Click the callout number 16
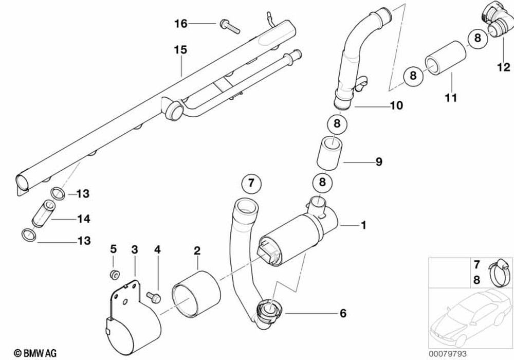click(180, 23)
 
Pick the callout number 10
click(396, 106)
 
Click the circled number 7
click(251, 183)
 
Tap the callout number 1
click(363, 225)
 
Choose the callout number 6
click(343, 313)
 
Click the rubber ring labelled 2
click(196, 296)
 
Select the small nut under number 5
click(114, 273)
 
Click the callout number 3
click(135, 250)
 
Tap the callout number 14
click(83, 219)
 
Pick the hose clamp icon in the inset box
click(497, 271)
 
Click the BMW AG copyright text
click(35, 352)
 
